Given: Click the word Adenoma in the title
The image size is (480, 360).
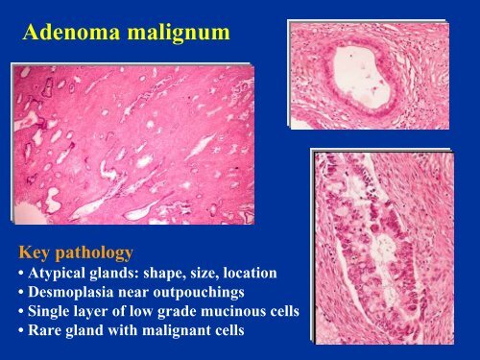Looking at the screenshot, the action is pos(72,32).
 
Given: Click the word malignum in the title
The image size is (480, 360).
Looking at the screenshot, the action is pos(179,34).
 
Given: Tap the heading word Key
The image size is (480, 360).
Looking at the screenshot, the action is pos(34,252).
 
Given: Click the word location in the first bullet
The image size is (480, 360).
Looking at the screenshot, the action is pos(250,273).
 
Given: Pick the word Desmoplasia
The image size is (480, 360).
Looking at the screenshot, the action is pos(70,293).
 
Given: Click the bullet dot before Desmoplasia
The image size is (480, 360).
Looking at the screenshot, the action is pos(21,293).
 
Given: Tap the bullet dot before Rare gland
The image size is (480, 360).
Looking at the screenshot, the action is pos(21,331).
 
